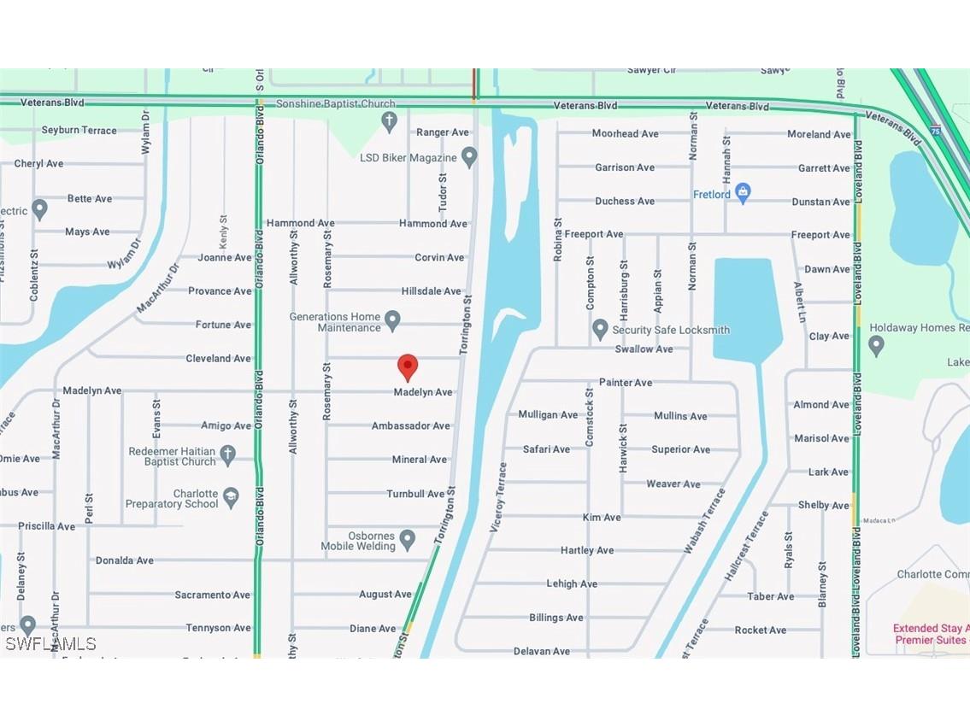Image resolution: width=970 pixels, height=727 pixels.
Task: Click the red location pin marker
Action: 408,366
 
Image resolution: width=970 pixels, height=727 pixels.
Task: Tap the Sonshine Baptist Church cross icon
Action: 390,121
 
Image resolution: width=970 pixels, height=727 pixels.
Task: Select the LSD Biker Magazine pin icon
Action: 468,157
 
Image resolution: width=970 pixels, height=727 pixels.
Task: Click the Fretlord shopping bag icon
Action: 743,194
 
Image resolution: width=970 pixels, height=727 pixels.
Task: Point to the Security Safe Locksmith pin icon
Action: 600,329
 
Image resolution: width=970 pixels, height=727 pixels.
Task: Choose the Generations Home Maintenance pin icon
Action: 392,321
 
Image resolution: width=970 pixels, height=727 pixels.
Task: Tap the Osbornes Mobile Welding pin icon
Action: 408,540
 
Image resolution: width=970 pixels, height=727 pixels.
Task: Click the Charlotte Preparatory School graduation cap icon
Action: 230,498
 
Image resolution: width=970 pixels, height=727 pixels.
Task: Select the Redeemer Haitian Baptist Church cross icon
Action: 227,455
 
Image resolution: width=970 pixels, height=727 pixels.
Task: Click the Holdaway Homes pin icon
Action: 876,345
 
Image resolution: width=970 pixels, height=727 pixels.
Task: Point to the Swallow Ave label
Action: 644,349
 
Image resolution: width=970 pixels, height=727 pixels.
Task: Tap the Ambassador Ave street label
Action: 410,425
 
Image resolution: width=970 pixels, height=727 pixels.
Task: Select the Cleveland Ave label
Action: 218,358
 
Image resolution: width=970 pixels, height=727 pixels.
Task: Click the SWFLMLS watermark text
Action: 50,643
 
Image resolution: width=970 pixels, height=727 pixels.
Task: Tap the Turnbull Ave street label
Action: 415,494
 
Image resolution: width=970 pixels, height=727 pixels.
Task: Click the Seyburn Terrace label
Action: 79,130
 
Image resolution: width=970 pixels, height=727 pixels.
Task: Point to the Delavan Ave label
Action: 541,651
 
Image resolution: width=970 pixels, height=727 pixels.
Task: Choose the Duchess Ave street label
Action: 625,201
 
